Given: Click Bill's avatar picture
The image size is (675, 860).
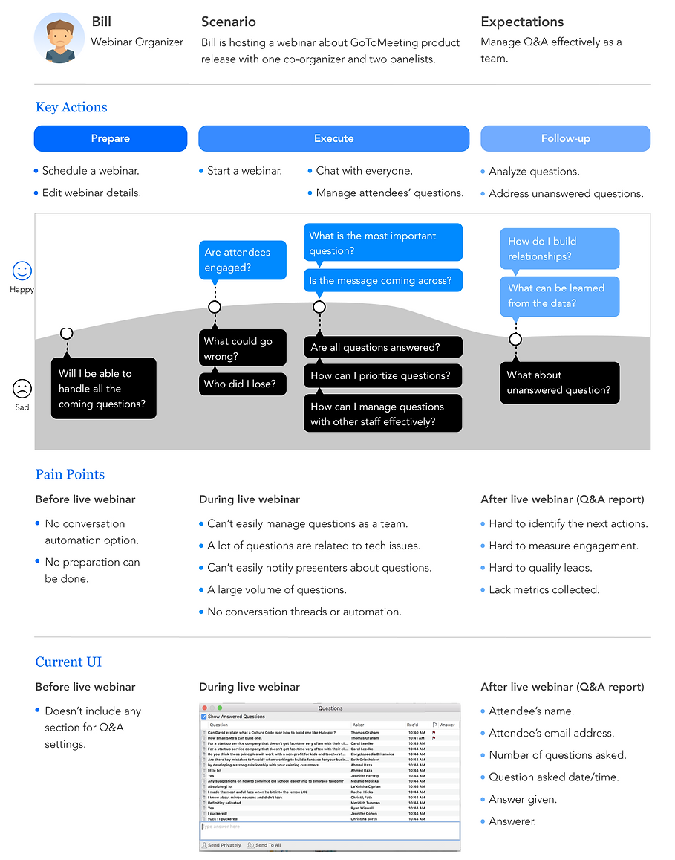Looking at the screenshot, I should click(x=59, y=38).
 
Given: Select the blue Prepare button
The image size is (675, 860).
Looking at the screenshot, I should click(x=111, y=138).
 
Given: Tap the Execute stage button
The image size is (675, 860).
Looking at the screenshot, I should click(x=333, y=138).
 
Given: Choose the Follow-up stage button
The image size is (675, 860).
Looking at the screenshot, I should click(x=565, y=138).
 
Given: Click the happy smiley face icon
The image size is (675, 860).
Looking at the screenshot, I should click(x=22, y=271).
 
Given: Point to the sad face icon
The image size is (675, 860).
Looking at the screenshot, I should click(x=22, y=388).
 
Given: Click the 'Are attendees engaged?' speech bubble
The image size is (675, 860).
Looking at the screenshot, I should click(x=242, y=260).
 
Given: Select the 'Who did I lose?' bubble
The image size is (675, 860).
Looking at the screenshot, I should click(x=242, y=384).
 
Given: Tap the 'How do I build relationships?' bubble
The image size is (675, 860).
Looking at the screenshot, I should click(x=559, y=249).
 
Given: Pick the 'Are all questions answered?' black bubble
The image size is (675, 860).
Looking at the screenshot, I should click(x=382, y=347).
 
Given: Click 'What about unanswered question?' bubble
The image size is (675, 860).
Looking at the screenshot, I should click(x=559, y=383).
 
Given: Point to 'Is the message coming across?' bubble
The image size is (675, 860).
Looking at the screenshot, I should click(x=382, y=280).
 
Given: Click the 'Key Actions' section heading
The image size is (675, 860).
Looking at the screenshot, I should click(x=71, y=107).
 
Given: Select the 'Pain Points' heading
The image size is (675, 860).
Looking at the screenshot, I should click(x=70, y=474).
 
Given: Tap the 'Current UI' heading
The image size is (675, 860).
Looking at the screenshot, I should click(x=68, y=662).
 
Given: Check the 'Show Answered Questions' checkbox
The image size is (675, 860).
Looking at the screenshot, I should click(x=204, y=717).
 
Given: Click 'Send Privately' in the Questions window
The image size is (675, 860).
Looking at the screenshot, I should click(x=221, y=845).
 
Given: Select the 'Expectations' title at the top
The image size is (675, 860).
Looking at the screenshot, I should click(x=522, y=22).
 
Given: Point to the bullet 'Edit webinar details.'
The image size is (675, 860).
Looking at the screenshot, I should click(x=91, y=193).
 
